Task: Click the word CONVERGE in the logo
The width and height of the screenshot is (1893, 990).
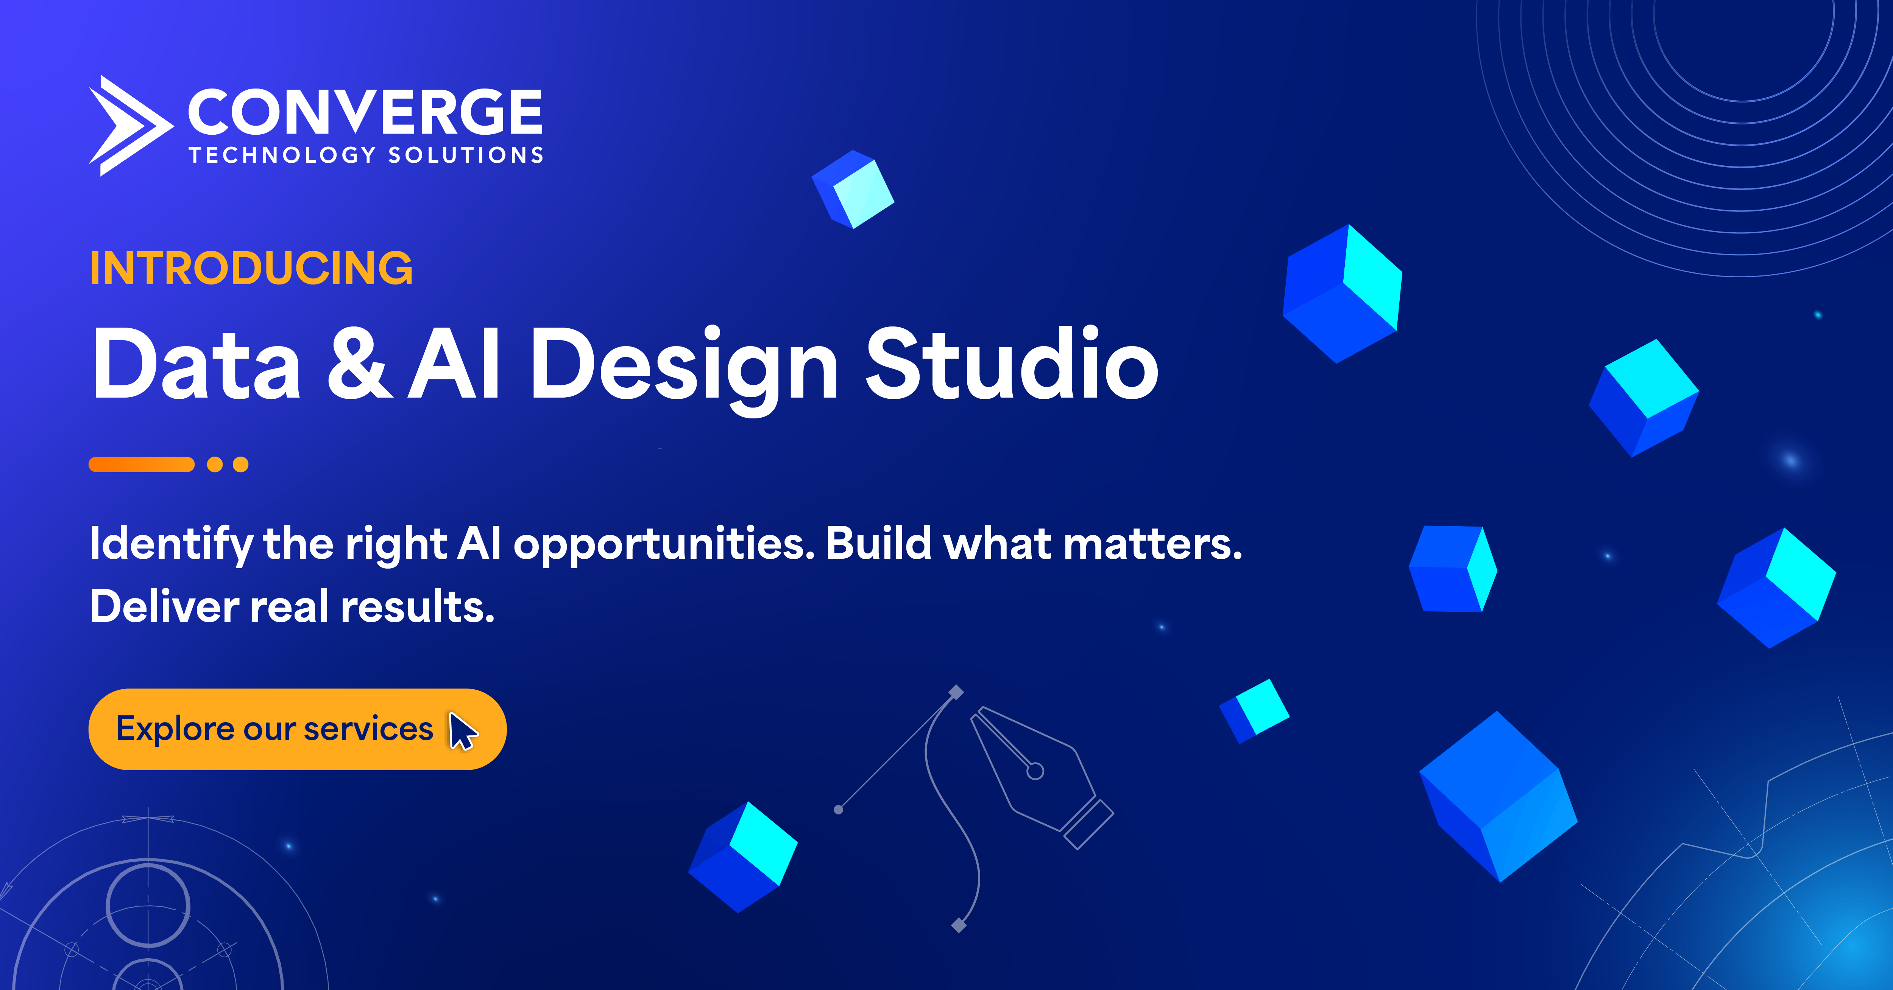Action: tap(365, 112)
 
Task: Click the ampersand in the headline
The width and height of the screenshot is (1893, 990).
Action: tap(359, 364)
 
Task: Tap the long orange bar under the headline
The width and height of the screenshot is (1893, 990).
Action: tap(141, 464)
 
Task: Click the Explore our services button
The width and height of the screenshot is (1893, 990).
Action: tap(297, 729)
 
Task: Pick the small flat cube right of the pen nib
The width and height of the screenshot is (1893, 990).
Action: tap(1254, 710)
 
